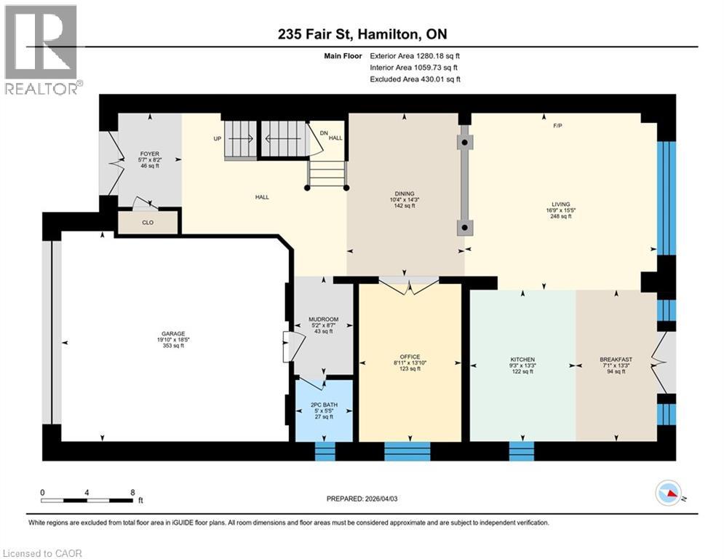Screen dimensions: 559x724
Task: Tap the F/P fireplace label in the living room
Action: [x=557, y=126]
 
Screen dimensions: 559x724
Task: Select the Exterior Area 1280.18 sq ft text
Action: [x=415, y=55]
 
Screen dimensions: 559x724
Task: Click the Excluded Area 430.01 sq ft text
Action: [x=415, y=79]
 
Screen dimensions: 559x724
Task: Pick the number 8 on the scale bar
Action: [x=132, y=492]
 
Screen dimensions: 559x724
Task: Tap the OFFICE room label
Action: [x=410, y=357]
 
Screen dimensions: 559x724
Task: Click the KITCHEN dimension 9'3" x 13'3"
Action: [x=522, y=366]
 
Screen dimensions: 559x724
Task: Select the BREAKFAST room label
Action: [x=616, y=360]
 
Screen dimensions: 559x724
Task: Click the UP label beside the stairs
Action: [x=216, y=138]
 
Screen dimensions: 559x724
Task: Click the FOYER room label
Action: [x=149, y=154]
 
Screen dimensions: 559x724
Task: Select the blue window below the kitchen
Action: [x=522, y=451]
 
